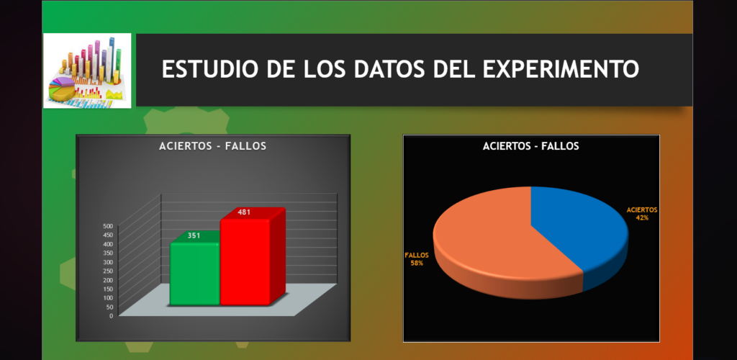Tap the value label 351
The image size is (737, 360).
point(194,235)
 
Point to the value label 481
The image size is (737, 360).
point(244,212)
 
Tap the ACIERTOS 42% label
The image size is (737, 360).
point(642,214)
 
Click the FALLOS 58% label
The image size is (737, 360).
point(417,259)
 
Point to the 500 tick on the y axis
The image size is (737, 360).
point(108,225)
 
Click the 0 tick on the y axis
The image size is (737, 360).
point(112,316)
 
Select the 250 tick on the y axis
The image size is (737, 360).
point(108,271)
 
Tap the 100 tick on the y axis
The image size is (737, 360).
point(108,298)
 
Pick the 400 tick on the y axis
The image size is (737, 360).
point(108,243)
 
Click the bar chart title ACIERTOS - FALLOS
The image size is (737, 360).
point(212,146)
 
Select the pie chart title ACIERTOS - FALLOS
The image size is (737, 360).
point(530,146)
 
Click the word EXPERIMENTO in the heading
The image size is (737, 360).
point(561,69)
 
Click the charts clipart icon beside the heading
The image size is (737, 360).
point(87,71)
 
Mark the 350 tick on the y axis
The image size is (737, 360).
point(108,253)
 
